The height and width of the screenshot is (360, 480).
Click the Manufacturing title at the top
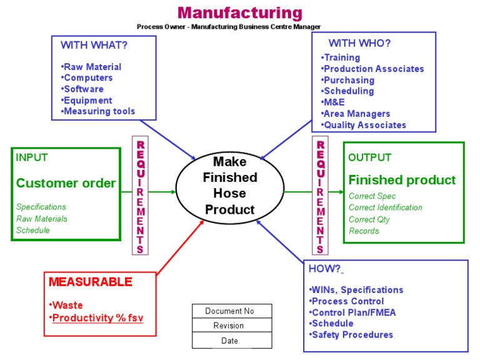[240, 12]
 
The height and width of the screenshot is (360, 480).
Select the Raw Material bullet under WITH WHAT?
[92, 67]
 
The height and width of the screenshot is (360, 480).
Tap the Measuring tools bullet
[99, 112]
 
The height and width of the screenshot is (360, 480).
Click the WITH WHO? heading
[360, 43]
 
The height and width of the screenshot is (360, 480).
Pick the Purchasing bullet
[348, 80]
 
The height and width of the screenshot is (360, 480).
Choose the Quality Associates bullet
[364, 125]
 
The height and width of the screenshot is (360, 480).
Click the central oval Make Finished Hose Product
[230, 186]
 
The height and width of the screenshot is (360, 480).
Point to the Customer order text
[66, 183]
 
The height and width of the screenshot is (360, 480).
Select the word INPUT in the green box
[31, 157]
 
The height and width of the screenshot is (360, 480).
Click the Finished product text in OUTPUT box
[402, 180]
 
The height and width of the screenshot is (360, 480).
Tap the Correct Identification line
[385, 207]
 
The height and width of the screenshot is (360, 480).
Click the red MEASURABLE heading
[91, 282]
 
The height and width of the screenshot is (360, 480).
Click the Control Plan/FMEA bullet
[353, 312]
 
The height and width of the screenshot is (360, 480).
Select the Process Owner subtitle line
[229, 27]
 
